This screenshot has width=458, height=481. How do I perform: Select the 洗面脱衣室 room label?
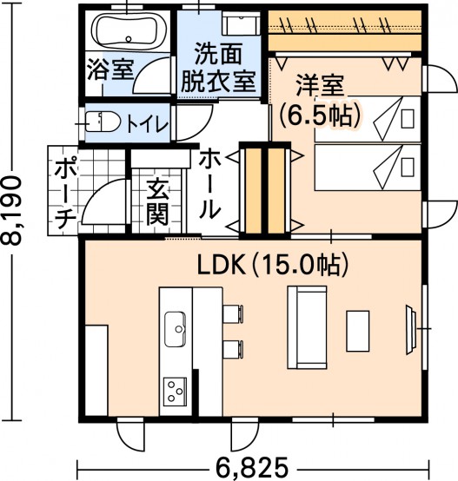pyautogui.click(x=218, y=68)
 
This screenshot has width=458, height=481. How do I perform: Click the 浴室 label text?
pyautogui.click(x=110, y=69)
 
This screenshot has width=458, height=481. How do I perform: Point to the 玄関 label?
pyautogui.click(x=157, y=203)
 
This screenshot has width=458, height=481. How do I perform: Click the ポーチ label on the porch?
pyautogui.click(x=65, y=194)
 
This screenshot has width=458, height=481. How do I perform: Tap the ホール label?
pyautogui.click(x=210, y=186)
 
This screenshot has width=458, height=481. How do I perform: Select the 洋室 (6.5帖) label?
pyautogui.click(x=319, y=102)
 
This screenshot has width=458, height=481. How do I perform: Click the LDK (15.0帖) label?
pyautogui.click(x=273, y=265)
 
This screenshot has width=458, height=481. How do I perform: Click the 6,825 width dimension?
pyautogui.click(x=252, y=466)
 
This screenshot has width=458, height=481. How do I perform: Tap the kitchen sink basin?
pyautogui.click(x=175, y=329)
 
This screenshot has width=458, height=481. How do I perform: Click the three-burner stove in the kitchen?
pyautogui.click(x=175, y=392)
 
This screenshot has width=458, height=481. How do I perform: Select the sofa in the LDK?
pyautogui.click(x=307, y=327)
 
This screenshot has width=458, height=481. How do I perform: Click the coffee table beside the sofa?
pyautogui.click(x=357, y=331)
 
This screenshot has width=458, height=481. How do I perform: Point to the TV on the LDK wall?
pyautogui.click(x=411, y=330)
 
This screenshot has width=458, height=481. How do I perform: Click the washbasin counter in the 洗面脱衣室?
pyautogui.click(x=242, y=23)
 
